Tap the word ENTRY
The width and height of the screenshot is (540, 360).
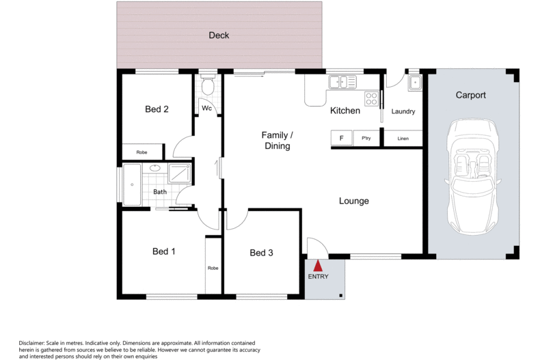318,277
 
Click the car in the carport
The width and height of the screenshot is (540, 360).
471,175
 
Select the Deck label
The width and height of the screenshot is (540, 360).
219,36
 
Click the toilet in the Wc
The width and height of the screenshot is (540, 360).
208,87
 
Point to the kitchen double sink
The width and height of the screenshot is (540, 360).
342,83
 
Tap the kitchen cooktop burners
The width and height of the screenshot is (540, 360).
371,99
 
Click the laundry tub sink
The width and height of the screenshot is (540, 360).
414,83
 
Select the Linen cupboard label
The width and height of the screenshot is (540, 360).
403,139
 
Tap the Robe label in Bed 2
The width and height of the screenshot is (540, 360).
142,152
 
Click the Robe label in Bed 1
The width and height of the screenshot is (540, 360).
213,268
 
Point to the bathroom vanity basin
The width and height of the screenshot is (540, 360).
155,169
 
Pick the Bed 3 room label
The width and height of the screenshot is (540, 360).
261,253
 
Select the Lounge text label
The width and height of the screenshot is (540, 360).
353,201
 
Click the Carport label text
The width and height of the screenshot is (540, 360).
470,96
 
